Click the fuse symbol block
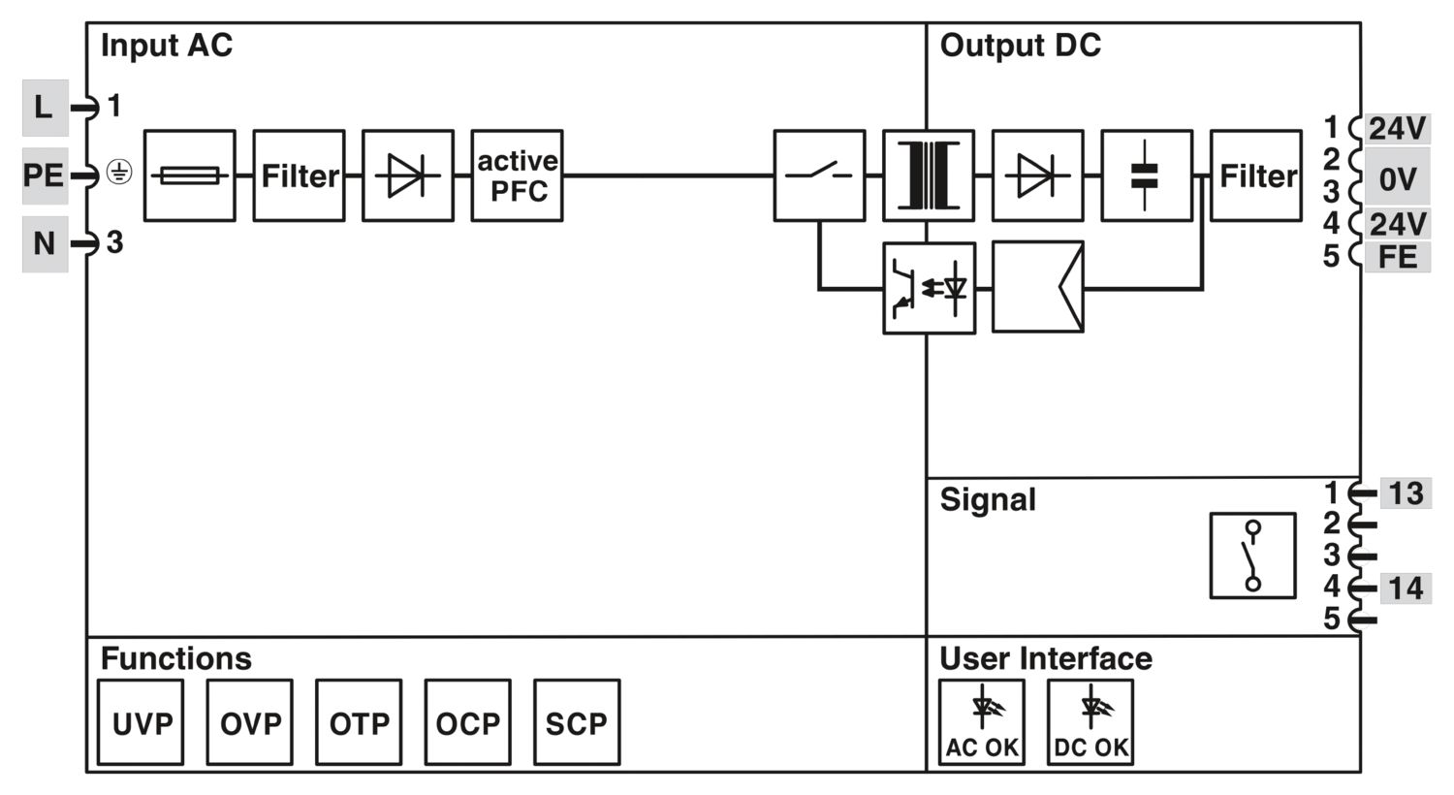coord(190,175)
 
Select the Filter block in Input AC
coord(300,175)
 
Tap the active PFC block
coord(518,175)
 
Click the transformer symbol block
coord(929,175)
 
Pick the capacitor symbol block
coord(1147,175)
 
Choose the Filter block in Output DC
coord(1256,175)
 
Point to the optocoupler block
coord(929,288)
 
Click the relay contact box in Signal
coord(1252,556)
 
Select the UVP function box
coord(141,722)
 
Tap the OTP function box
coord(359,722)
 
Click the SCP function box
coord(577,722)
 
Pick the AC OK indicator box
coord(981,722)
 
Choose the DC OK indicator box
coord(1090,722)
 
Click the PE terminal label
coord(45,175)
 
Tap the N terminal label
coord(45,244)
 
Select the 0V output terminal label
coord(1397,177)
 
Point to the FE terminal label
coord(1397,257)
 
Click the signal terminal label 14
coord(1406,588)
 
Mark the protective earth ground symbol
coord(119,172)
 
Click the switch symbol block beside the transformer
coord(819,175)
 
